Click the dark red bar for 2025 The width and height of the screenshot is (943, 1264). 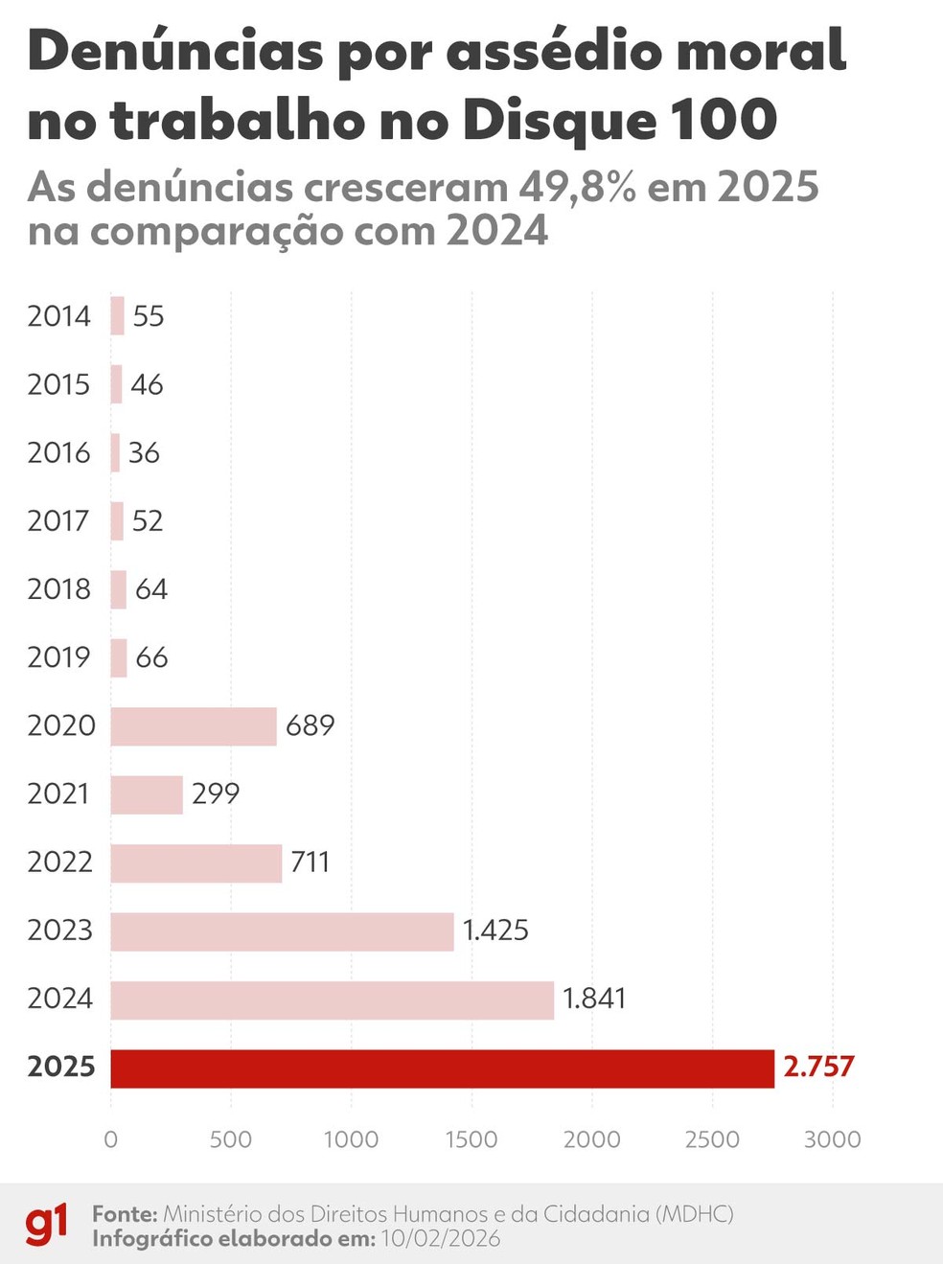[442, 1069]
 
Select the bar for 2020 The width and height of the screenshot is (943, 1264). [194, 726]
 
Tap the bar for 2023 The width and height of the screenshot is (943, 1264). [282, 931]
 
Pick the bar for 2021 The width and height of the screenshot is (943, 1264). [147, 794]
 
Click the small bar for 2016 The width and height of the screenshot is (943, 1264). [115, 452]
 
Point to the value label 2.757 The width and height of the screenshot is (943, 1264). [818, 1067]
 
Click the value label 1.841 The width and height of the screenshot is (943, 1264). [593, 999]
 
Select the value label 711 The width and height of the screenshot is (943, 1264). [310, 862]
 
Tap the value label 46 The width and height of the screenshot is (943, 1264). [147, 384]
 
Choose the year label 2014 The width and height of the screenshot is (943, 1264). [58, 316]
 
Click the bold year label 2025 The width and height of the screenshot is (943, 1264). [61, 1067]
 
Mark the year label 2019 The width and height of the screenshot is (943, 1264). [58, 657]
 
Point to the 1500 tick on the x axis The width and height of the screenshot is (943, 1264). [471, 1139]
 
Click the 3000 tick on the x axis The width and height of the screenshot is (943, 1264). [832, 1139]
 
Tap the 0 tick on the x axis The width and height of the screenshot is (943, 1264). [111, 1139]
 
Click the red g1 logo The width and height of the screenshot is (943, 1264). [47, 1225]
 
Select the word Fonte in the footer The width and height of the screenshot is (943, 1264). [125, 1214]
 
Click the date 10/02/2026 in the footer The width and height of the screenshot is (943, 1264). [441, 1239]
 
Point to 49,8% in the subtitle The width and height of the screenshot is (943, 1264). [577, 187]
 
